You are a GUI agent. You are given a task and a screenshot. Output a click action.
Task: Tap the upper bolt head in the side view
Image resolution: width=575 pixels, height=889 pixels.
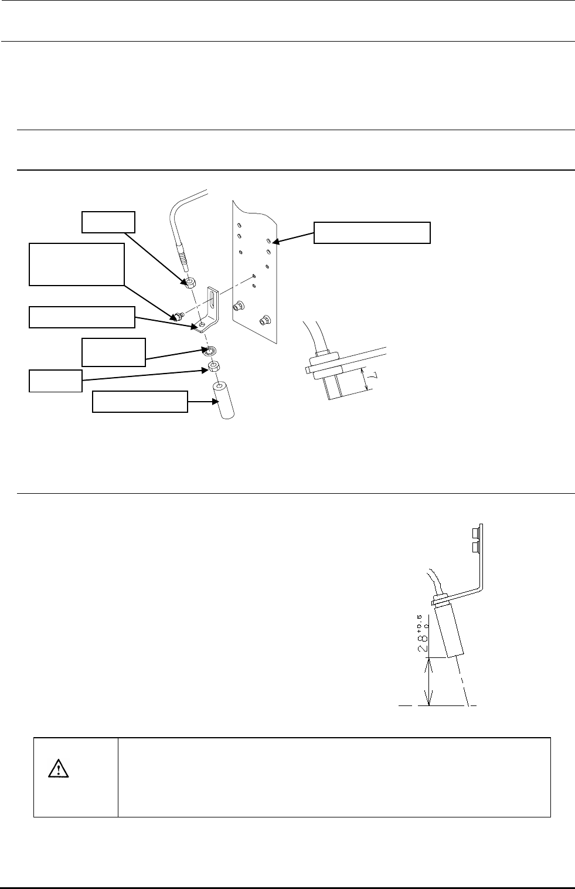(475, 532)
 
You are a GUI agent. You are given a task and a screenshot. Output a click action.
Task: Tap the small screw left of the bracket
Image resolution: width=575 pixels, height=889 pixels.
(176, 317)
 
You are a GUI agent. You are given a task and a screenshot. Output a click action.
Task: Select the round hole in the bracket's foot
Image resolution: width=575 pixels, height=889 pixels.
(202, 324)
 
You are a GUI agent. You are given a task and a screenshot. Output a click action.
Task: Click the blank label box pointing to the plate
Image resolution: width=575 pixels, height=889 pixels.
(372, 232)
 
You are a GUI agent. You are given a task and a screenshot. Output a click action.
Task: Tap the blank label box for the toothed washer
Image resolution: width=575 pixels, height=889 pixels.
(113, 351)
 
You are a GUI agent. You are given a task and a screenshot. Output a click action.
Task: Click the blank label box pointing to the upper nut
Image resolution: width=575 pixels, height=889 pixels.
(108, 222)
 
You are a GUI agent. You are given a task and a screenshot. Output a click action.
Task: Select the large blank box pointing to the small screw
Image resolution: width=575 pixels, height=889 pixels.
(77, 264)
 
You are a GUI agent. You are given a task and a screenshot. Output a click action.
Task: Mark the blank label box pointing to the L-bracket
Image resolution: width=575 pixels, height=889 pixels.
(82, 317)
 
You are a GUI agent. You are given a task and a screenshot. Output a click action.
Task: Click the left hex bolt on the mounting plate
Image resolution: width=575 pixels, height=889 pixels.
(239, 306)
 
